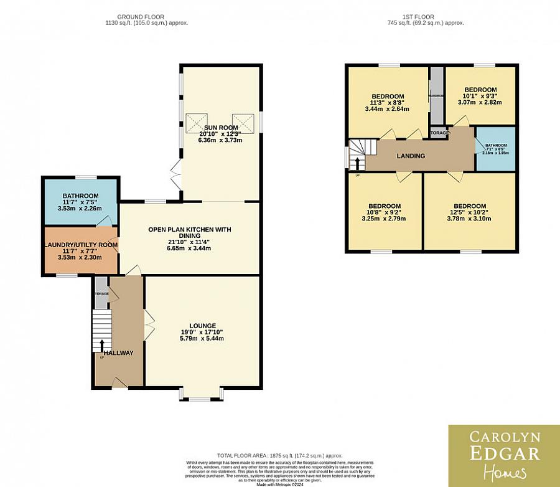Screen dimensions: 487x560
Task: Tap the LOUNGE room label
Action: tap(203, 325)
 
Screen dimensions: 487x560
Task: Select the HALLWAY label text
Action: tap(118, 353)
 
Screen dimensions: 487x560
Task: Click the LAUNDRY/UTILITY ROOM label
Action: tap(80, 245)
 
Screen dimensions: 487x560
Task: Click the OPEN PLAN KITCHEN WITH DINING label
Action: tap(189, 230)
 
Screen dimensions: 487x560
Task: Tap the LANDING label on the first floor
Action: tap(411, 156)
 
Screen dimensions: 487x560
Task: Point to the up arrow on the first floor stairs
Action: tap(357, 164)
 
